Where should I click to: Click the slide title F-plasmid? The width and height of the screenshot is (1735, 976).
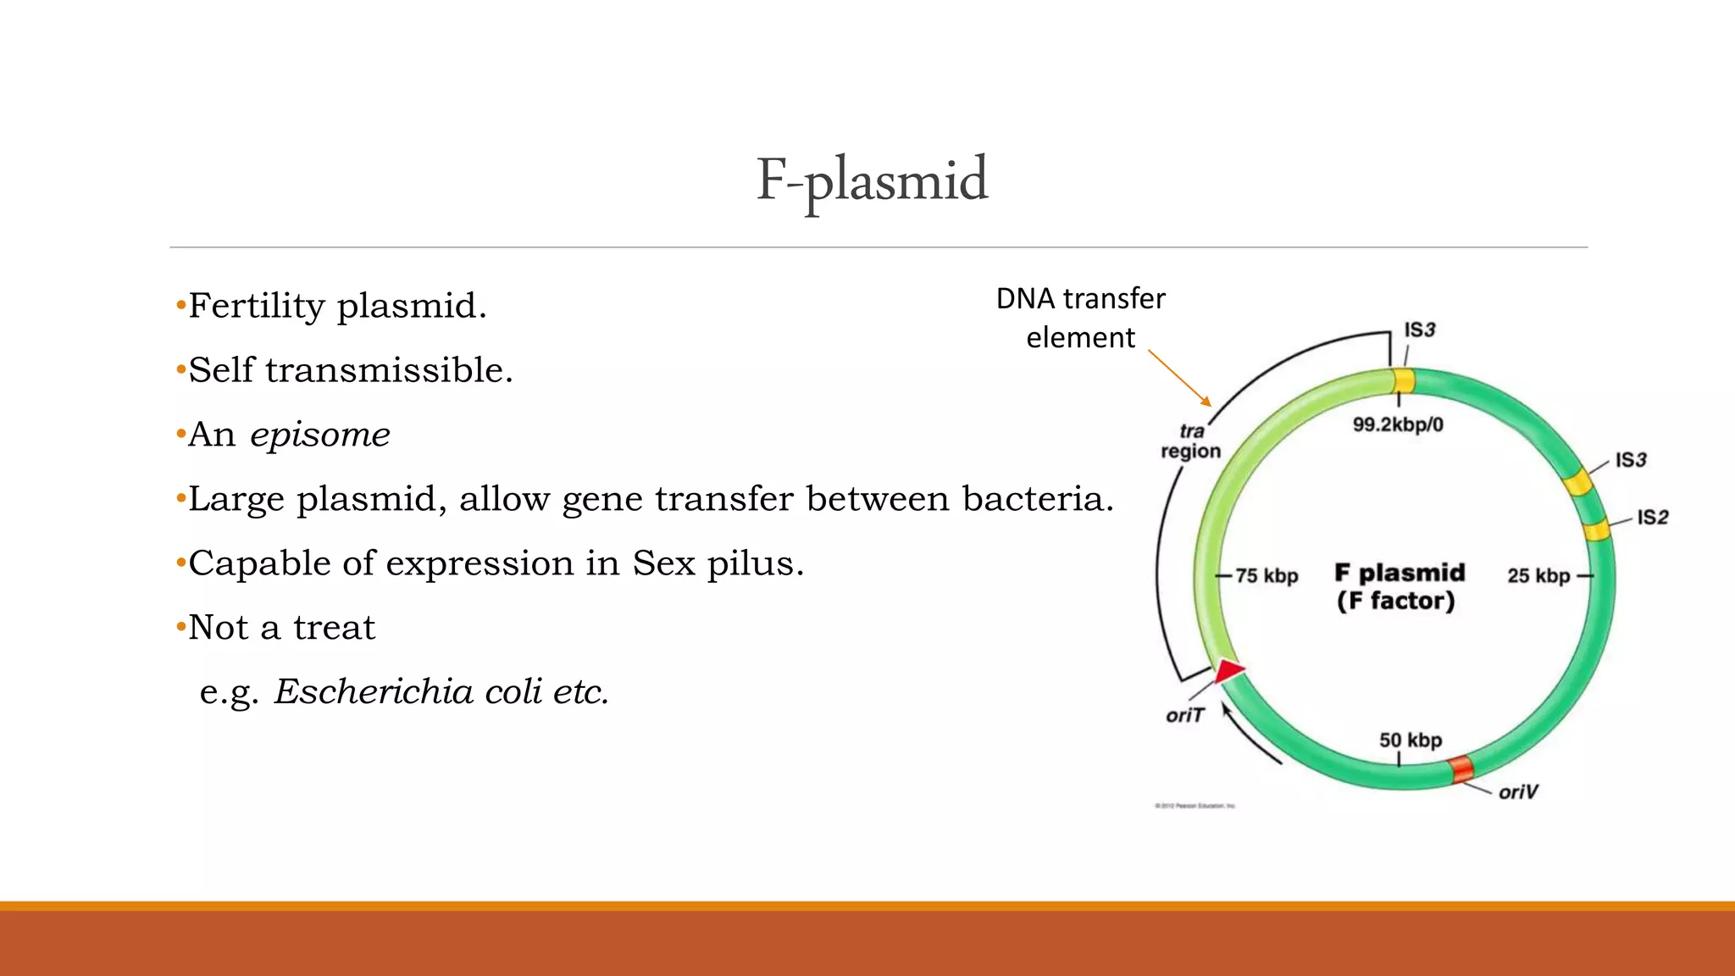872,180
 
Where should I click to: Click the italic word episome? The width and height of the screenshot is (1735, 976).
319,435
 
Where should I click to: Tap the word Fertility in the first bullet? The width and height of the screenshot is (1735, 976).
256,306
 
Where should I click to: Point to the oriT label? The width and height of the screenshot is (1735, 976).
1184,716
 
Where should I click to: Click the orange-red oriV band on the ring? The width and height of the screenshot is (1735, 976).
1461,769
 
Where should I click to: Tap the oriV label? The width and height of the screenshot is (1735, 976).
1517,792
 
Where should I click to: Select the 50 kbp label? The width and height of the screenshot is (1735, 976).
1410,740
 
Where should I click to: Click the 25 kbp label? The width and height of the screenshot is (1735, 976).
1538,576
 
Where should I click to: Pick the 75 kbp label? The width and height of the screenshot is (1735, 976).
1267,576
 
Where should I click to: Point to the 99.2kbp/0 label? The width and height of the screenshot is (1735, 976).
1397,424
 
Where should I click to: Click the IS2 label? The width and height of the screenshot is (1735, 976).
1652,518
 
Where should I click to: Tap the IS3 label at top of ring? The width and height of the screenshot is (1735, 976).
1420,330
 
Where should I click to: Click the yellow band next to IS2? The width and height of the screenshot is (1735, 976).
1596,531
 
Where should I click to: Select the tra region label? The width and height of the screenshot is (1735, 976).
1190,441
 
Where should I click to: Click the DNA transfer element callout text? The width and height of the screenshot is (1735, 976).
1080,318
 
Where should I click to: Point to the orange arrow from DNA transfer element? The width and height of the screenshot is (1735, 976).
1179,378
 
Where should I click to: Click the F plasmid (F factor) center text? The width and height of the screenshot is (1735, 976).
1398,587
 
